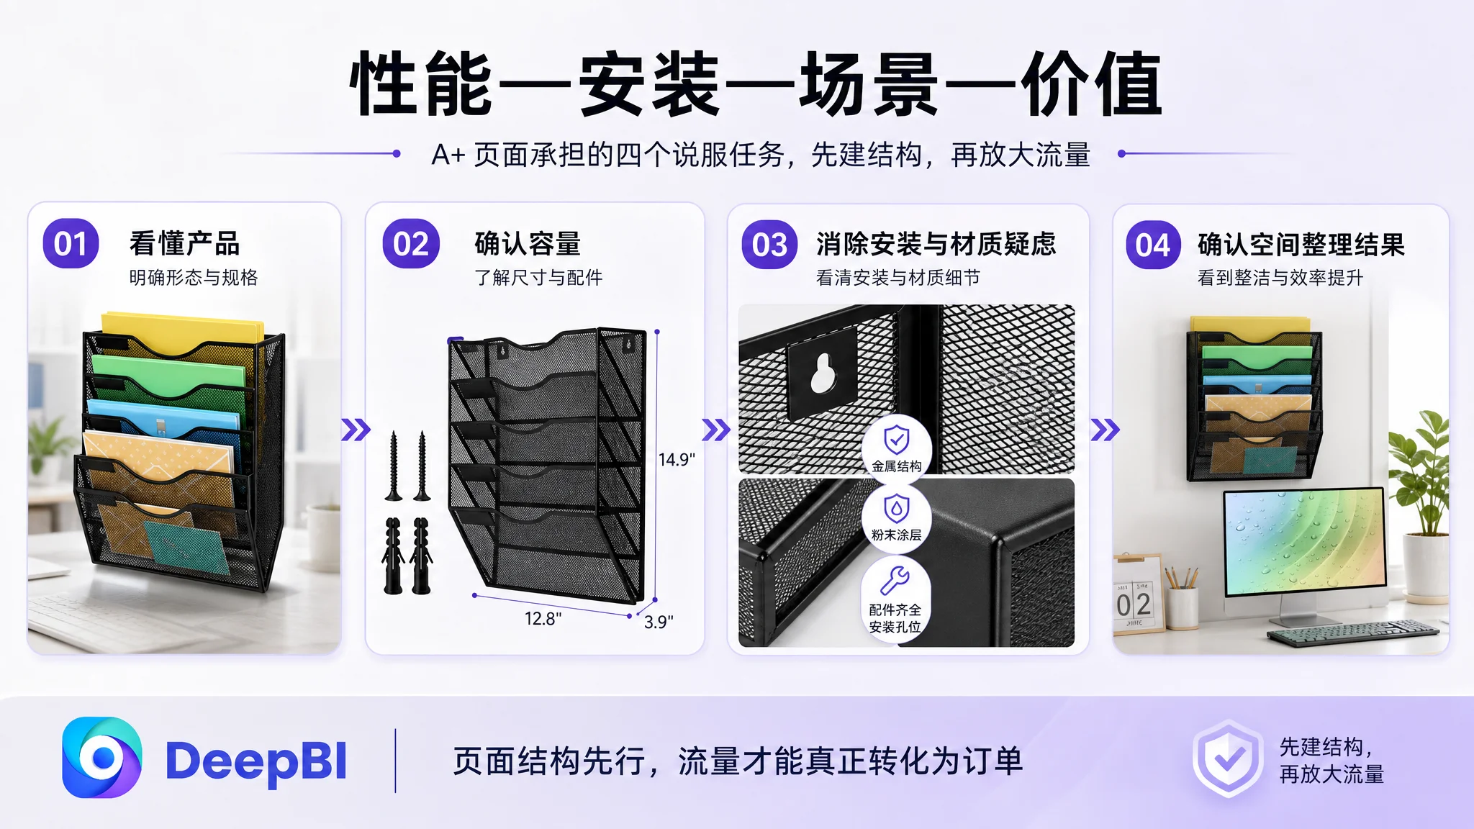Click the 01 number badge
pos(71,244)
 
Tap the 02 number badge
pos(411,244)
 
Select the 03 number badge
pos(769,245)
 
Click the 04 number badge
pos(1153,245)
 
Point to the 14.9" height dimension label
pos(677,459)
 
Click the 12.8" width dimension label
pos(543,618)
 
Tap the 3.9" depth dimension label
pos(659,622)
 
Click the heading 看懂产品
pos(184,243)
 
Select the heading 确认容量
pos(528,243)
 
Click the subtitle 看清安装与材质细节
pos(897,278)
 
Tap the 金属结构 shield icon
pos(896,439)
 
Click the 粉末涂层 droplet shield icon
pos(896,508)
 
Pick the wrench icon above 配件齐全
pos(895,580)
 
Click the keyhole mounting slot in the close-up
pos(823,371)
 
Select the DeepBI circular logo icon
pos(101,758)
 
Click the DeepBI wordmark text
pos(256,761)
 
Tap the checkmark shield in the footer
pos(1228,758)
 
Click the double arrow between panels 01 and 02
pos(356,430)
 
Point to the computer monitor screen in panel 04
pos(1303,541)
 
